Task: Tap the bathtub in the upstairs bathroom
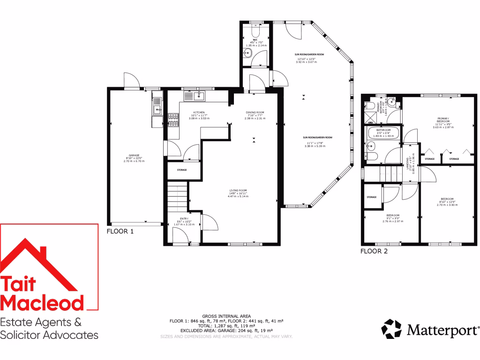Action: (x=383, y=133)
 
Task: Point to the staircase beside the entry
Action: (x=177, y=197)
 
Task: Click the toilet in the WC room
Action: (x=255, y=32)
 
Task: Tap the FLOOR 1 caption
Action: (x=120, y=232)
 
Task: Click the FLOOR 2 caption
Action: (x=374, y=251)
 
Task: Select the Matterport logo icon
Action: (x=392, y=329)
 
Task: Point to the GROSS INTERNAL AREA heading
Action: (x=226, y=316)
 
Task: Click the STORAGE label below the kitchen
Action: (x=182, y=170)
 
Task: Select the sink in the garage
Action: (x=156, y=111)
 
